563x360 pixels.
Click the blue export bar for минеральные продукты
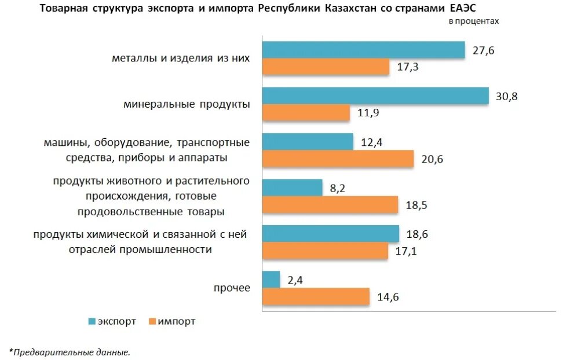coord(375,96)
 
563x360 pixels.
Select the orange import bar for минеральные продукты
coord(306,113)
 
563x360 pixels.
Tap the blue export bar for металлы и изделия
coord(364,50)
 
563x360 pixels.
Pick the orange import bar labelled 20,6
coord(338,159)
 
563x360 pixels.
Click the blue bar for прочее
coord(271,280)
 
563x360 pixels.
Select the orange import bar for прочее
coord(316,297)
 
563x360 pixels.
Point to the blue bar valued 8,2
coord(292,188)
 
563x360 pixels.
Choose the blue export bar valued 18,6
coord(331,234)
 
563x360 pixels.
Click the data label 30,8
coord(506,97)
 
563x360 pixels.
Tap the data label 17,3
coord(408,68)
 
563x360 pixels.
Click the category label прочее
coord(232,288)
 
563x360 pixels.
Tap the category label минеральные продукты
coord(187,105)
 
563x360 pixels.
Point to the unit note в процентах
coord(473,21)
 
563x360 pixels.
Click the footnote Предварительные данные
coord(71,351)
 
